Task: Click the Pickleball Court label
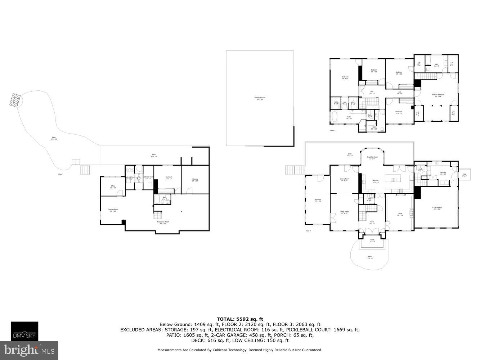(x=260, y=98)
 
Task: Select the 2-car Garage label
(x=437, y=208)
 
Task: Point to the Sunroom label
(x=318, y=200)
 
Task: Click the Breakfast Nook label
(x=372, y=158)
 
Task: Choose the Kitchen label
(x=376, y=181)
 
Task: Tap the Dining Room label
(x=345, y=179)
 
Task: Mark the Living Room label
(x=344, y=212)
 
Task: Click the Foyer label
(x=371, y=222)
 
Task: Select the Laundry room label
(x=443, y=173)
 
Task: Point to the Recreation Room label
(x=163, y=222)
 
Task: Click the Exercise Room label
(x=113, y=210)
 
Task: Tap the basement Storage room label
(x=195, y=180)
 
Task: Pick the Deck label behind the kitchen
(x=349, y=155)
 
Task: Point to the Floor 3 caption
(x=332, y=131)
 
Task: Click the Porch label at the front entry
(x=372, y=240)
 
